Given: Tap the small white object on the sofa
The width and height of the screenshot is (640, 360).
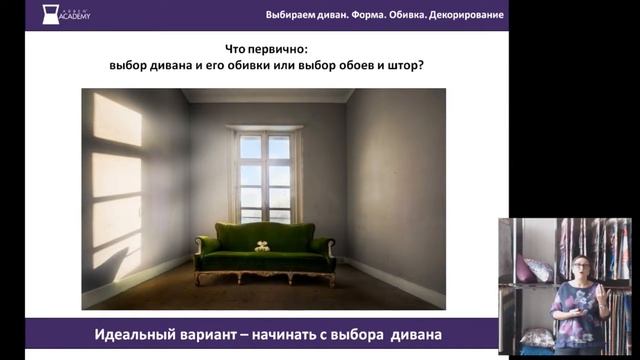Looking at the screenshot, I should (263, 245).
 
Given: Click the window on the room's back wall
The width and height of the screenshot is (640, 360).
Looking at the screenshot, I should (265, 175).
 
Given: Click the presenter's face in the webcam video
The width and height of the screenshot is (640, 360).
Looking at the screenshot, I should (580, 268).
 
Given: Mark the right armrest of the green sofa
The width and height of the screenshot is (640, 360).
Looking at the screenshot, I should (322, 246).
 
